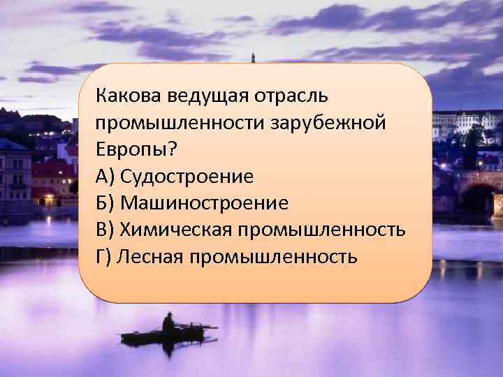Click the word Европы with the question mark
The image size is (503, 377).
(x=138, y=149)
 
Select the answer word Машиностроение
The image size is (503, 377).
(x=204, y=203)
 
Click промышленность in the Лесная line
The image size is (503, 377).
(x=272, y=257)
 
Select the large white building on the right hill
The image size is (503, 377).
(x=465, y=124)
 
